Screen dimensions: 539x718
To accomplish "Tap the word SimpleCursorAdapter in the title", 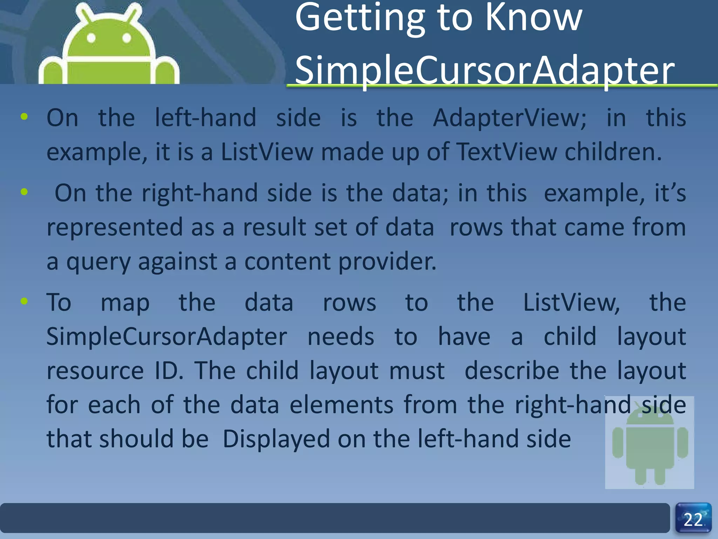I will [484, 70].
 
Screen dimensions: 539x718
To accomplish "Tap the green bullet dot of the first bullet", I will [24, 117].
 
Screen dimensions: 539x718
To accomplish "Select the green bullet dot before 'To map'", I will [24, 301].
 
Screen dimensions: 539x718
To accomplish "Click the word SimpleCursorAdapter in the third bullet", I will [167, 337].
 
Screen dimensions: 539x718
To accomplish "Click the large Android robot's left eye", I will [92, 38].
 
